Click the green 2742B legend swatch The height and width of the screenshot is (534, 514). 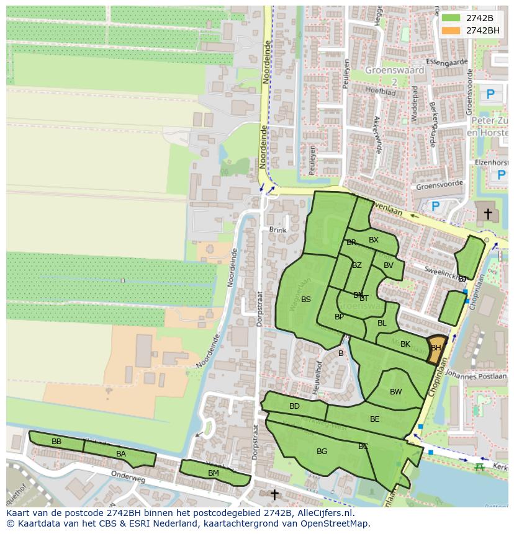451,18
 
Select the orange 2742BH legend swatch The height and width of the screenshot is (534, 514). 451,30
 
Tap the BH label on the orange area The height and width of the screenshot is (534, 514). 436,348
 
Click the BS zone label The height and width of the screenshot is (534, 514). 306,300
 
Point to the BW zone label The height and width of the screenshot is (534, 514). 396,392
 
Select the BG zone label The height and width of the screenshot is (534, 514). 322,452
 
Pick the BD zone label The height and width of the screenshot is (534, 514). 294,406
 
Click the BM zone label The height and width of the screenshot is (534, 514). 214,473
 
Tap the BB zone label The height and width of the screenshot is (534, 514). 56,442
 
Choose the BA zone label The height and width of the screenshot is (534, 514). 121,454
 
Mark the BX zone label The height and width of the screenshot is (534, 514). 374,240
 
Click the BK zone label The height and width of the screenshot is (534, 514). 405,344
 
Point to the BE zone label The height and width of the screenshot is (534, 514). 375,419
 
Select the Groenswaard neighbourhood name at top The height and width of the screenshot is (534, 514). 395,70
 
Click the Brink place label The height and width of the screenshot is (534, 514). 278,230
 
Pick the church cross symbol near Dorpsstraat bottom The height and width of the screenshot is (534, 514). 274,494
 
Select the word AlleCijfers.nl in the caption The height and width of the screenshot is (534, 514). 323,513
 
